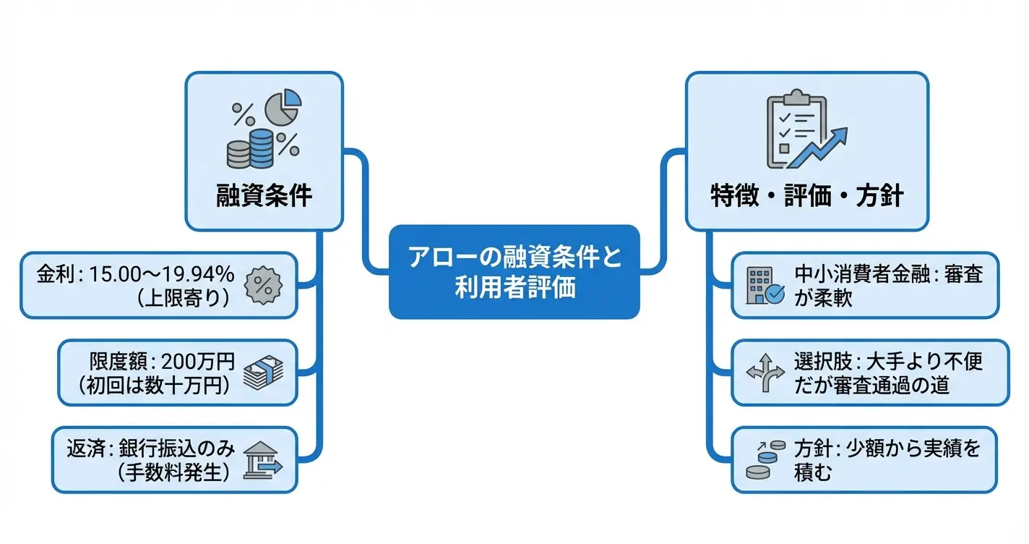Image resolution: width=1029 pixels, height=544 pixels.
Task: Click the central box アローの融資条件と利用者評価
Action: click(x=514, y=272)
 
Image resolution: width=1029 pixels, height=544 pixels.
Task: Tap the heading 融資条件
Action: click(x=264, y=195)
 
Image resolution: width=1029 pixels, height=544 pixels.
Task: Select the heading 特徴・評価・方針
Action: click(x=806, y=195)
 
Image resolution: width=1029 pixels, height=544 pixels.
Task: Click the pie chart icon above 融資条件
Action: click(x=283, y=107)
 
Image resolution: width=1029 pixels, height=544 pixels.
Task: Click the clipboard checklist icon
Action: click(x=796, y=127)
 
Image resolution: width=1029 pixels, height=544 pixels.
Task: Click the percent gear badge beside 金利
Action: click(x=263, y=284)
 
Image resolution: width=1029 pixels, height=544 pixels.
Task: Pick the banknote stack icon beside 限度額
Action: click(x=263, y=373)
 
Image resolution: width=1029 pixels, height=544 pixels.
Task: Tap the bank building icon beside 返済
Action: click(x=262, y=461)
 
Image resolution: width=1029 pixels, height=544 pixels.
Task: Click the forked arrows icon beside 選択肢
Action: click(x=764, y=373)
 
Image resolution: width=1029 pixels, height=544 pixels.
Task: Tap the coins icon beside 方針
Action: click(x=765, y=461)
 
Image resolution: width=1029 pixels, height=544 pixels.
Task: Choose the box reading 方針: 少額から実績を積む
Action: click(x=864, y=461)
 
